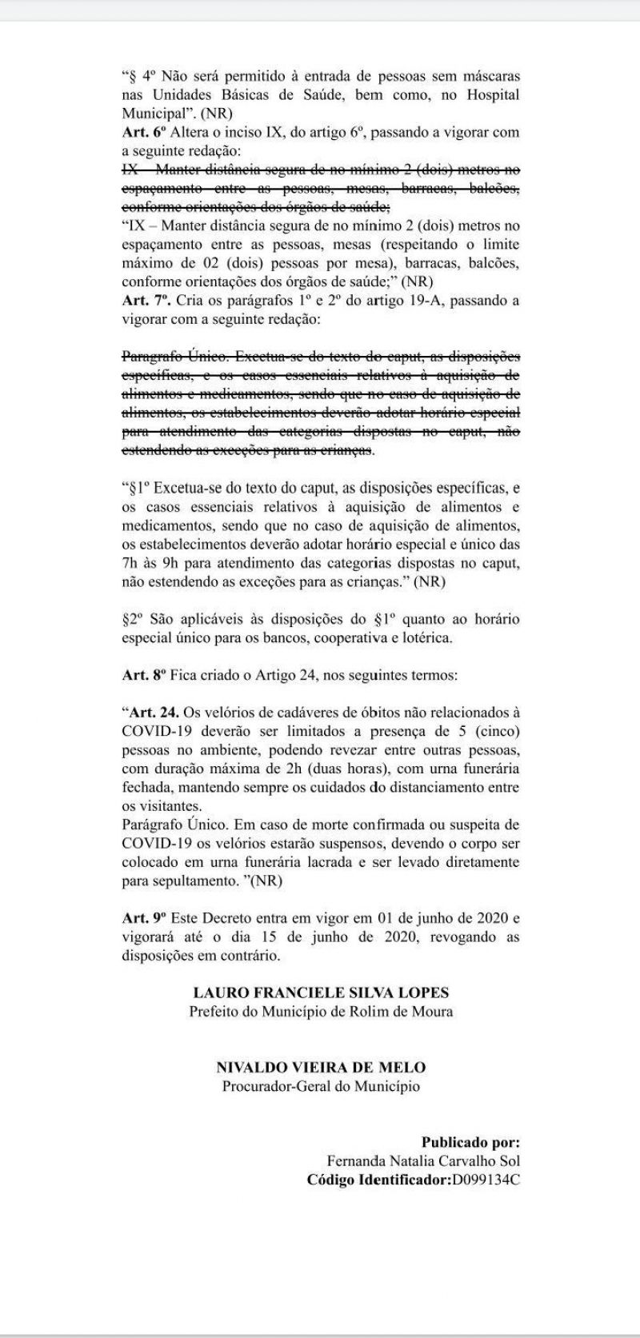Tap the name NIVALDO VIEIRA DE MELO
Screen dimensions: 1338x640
pos(321,1068)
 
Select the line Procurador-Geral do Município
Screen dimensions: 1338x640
pos(321,1086)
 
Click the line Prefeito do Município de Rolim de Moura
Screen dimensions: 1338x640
pos(321,1011)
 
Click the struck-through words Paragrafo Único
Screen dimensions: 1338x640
pos(164,356)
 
